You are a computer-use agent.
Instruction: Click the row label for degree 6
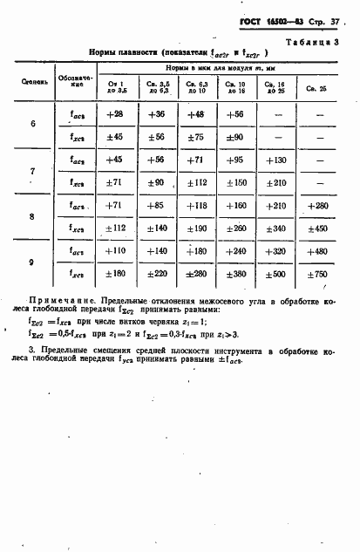click(x=33, y=124)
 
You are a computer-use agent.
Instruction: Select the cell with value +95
click(x=236, y=160)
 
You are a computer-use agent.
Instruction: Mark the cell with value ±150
click(x=236, y=182)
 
